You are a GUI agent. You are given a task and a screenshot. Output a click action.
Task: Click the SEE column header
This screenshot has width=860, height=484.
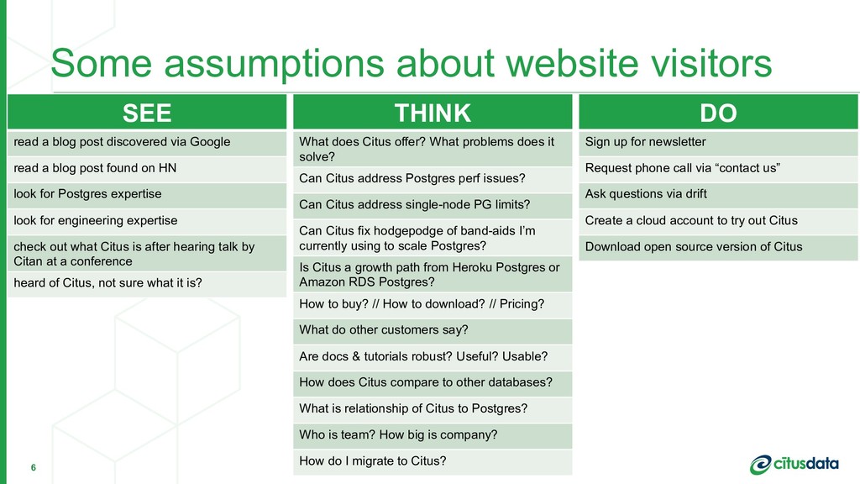(x=147, y=112)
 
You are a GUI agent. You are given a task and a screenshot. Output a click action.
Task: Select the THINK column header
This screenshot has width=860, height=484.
(x=433, y=112)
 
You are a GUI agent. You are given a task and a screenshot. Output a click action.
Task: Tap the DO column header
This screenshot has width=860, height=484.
(x=719, y=112)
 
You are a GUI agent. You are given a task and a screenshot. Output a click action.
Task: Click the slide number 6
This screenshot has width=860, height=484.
(x=34, y=467)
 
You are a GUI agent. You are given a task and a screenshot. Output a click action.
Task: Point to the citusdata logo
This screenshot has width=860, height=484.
(x=794, y=464)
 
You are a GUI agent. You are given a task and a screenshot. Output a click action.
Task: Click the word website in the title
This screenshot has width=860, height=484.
(x=572, y=62)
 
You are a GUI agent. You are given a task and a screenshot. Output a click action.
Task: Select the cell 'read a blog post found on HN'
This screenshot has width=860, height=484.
(x=147, y=169)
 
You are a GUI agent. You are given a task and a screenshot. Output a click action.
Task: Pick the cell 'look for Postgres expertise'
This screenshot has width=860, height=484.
(x=147, y=195)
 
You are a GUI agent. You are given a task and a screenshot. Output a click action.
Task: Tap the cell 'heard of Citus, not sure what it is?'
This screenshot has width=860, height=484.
(x=147, y=284)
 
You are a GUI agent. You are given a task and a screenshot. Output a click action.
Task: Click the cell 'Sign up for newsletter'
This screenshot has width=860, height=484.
(x=719, y=143)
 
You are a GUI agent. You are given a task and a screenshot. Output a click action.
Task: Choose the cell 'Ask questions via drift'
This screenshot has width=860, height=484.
(x=719, y=195)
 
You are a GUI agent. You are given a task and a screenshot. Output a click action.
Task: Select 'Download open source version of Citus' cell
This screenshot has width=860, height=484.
(x=719, y=248)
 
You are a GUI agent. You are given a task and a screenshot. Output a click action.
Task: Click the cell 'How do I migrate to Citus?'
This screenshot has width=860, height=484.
(x=433, y=462)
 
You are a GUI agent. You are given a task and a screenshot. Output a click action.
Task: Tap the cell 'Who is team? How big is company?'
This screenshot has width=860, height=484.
(x=433, y=436)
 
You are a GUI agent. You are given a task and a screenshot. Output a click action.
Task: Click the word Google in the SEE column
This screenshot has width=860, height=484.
(x=210, y=142)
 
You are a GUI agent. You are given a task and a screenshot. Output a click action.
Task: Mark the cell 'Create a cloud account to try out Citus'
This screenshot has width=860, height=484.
(x=719, y=222)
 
